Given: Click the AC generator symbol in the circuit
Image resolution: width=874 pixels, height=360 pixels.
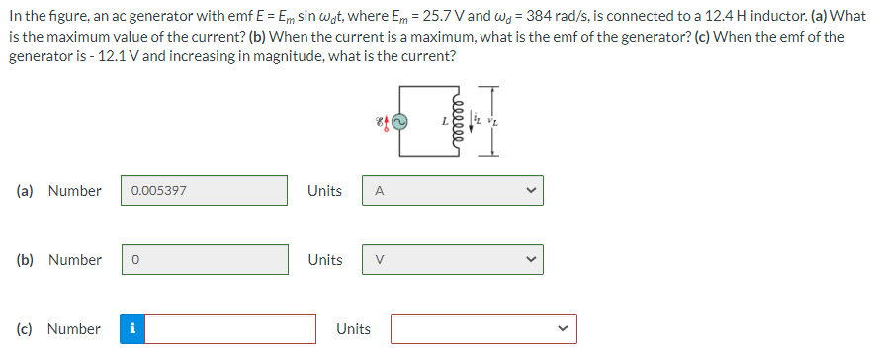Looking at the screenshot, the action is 400,122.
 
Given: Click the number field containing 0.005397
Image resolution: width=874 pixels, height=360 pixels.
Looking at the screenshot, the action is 205,191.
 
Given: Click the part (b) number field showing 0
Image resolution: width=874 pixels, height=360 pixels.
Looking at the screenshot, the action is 205,260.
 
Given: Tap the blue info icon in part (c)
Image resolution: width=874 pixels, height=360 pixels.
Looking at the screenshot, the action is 132,329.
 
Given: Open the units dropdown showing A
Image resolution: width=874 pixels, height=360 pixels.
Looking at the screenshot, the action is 452,191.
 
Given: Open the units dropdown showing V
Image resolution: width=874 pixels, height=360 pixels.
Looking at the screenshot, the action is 452,260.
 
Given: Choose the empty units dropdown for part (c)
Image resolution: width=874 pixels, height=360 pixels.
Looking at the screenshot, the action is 482,329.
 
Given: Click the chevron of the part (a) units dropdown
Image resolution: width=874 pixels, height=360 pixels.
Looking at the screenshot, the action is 530,191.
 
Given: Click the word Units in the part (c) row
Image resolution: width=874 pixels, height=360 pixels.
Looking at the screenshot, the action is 354,329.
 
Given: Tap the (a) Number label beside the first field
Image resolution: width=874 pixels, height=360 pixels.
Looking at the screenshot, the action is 59,191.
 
